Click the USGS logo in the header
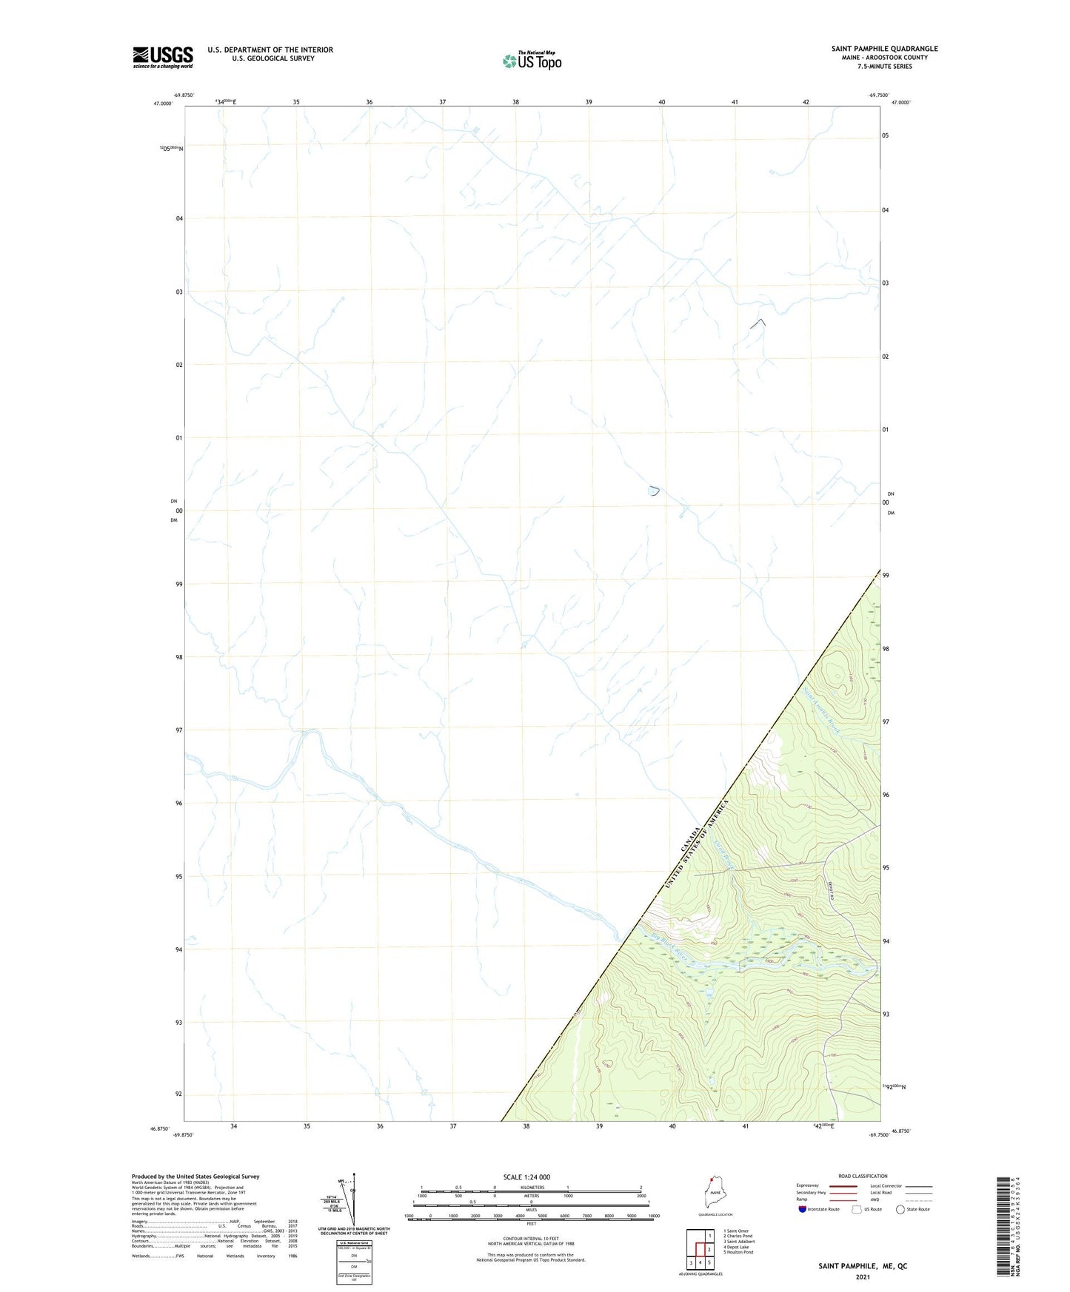pyautogui.click(x=163, y=57)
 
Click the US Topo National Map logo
pyautogui.click(x=531, y=61)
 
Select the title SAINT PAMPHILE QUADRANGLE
pyautogui.click(x=884, y=49)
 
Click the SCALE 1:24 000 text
pyautogui.click(x=526, y=1177)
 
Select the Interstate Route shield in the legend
pyautogui.click(x=803, y=1209)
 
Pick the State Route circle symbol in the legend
pyautogui.click(x=900, y=1209)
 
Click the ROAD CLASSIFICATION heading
pyautogui.click(x=863, y=1176)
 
